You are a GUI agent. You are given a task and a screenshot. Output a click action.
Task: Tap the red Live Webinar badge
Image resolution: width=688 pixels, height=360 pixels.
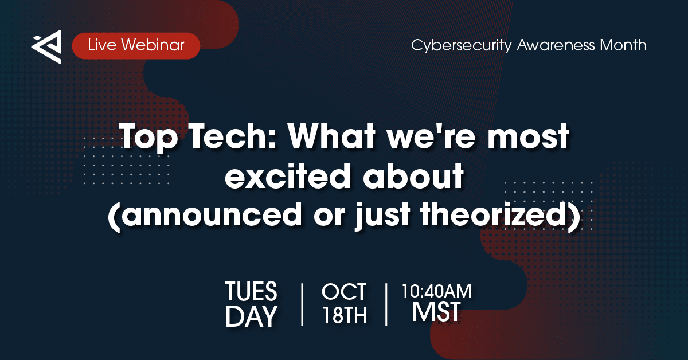click(x=136, y=46)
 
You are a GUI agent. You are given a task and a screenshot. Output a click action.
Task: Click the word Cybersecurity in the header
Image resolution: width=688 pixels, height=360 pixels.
click(x=462, y=46)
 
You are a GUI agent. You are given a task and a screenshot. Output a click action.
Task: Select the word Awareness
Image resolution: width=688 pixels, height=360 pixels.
click(x=556, y=45)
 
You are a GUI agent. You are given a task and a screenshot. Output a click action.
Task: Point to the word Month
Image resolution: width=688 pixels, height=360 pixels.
click(x=623, y=45)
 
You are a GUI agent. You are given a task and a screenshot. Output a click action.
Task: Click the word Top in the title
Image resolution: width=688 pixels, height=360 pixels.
click(x=149, y=136)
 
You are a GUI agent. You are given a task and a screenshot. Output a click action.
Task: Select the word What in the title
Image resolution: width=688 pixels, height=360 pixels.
click(x=331, y=136)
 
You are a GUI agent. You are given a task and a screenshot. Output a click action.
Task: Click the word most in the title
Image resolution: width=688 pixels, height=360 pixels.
click(x=528, y=137)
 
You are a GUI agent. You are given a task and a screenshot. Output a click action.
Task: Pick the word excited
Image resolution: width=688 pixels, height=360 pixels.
click(x=287, y=175)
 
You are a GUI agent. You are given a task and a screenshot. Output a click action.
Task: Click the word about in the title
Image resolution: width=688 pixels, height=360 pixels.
click(x=413, y=175)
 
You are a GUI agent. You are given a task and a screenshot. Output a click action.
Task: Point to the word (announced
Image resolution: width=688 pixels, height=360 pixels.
click(x=205, y=215)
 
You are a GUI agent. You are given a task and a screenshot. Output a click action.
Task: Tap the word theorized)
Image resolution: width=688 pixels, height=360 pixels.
click(x=501, y=215)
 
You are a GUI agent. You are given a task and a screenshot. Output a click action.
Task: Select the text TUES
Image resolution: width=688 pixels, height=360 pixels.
click(x=251, y=291)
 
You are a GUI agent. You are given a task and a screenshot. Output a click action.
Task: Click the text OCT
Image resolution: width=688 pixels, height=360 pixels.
click(x=343, y=292)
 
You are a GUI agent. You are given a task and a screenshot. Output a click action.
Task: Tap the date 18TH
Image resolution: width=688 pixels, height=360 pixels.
click(x=345, y=315)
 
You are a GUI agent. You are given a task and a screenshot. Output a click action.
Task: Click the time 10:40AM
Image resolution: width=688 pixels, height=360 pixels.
click(x=437, y=291)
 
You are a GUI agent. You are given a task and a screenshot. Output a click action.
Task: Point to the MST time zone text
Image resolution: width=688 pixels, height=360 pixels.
click(x=436, y=312)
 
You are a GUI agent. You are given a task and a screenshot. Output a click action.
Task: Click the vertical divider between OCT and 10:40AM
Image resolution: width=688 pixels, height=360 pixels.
click(x=386, y=304)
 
